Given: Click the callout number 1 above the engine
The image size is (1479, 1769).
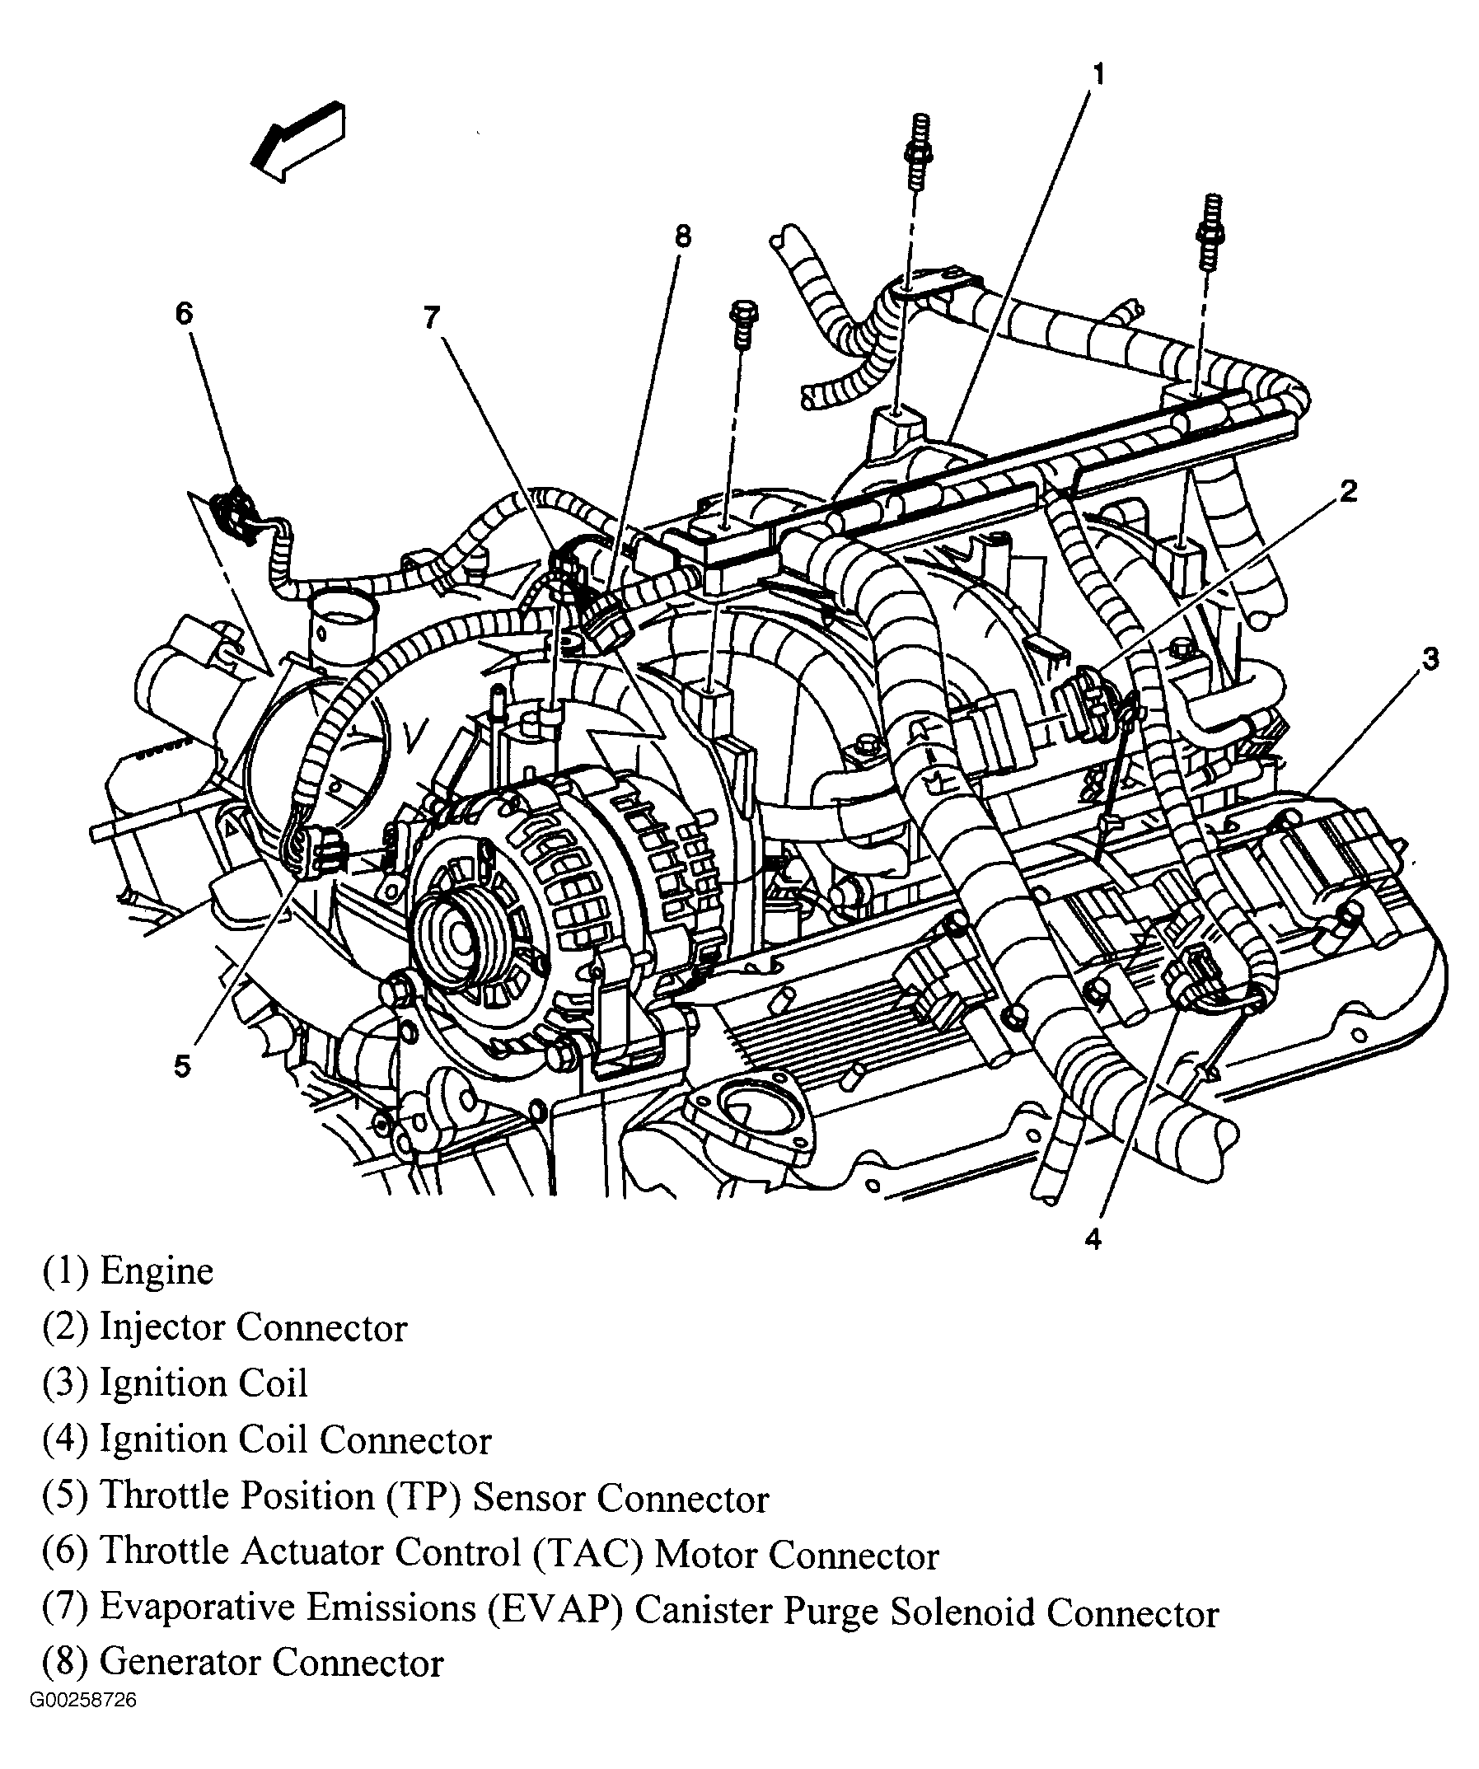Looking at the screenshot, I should pyautogui.click(x=1098, y=75).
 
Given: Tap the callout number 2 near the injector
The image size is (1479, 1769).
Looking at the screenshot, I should pyautogui.click(x=1349, y=491).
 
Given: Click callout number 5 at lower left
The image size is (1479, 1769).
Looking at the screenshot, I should pyautogui.click(x=183, y=1066).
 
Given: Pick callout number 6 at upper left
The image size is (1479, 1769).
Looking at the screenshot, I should pyautogui.click(x=184, y=313).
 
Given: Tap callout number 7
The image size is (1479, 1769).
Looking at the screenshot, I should pyautogui.click(x=431, y=317).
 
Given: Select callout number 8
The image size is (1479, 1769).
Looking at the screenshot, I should pyautogui.click(x=682, y=236).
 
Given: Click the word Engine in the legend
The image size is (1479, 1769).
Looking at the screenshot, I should pyautogui.click(x=156, y=1294).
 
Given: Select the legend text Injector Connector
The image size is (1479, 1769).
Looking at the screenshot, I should pyautogui.click(x=253, y=1351).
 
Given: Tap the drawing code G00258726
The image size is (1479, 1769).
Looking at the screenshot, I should pyautogui.click(x=82, y=1724).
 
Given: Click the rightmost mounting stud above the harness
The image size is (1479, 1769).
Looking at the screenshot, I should pyautogui.click(x=1211, y=232).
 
